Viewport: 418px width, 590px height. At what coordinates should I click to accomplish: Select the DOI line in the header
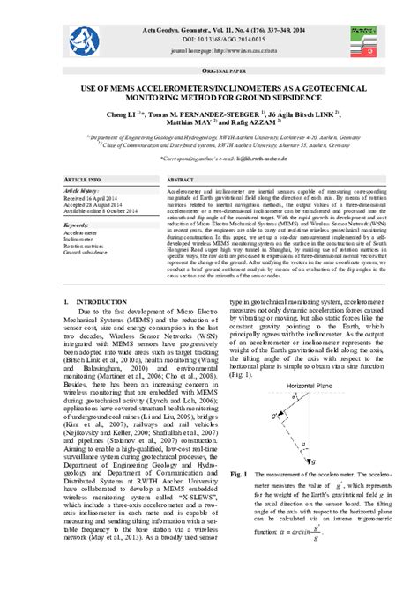[x=209, y=40]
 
